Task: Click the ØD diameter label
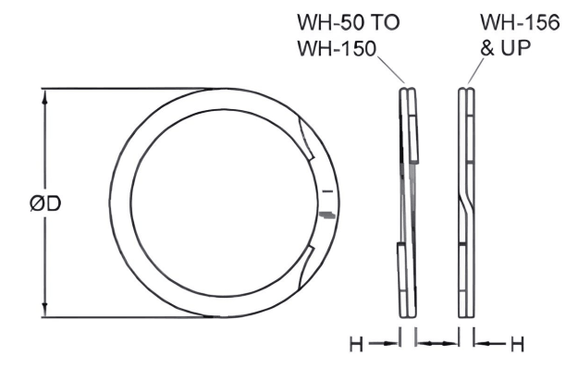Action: coord(44,204)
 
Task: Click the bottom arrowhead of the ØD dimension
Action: coord(43,312)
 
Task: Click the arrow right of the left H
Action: coord(381,344)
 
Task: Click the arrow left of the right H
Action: coord(490,344)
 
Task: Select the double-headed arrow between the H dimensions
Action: coord(437,344)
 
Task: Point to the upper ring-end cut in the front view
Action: coord(307,139)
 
